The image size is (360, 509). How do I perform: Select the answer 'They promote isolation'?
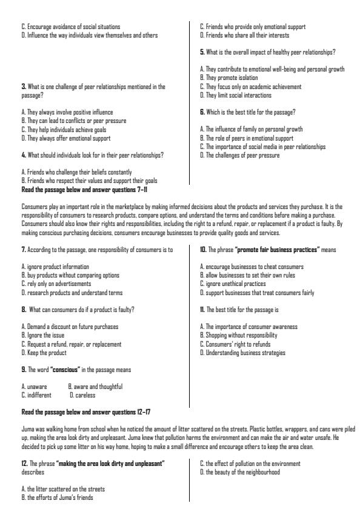coord(230,78)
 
